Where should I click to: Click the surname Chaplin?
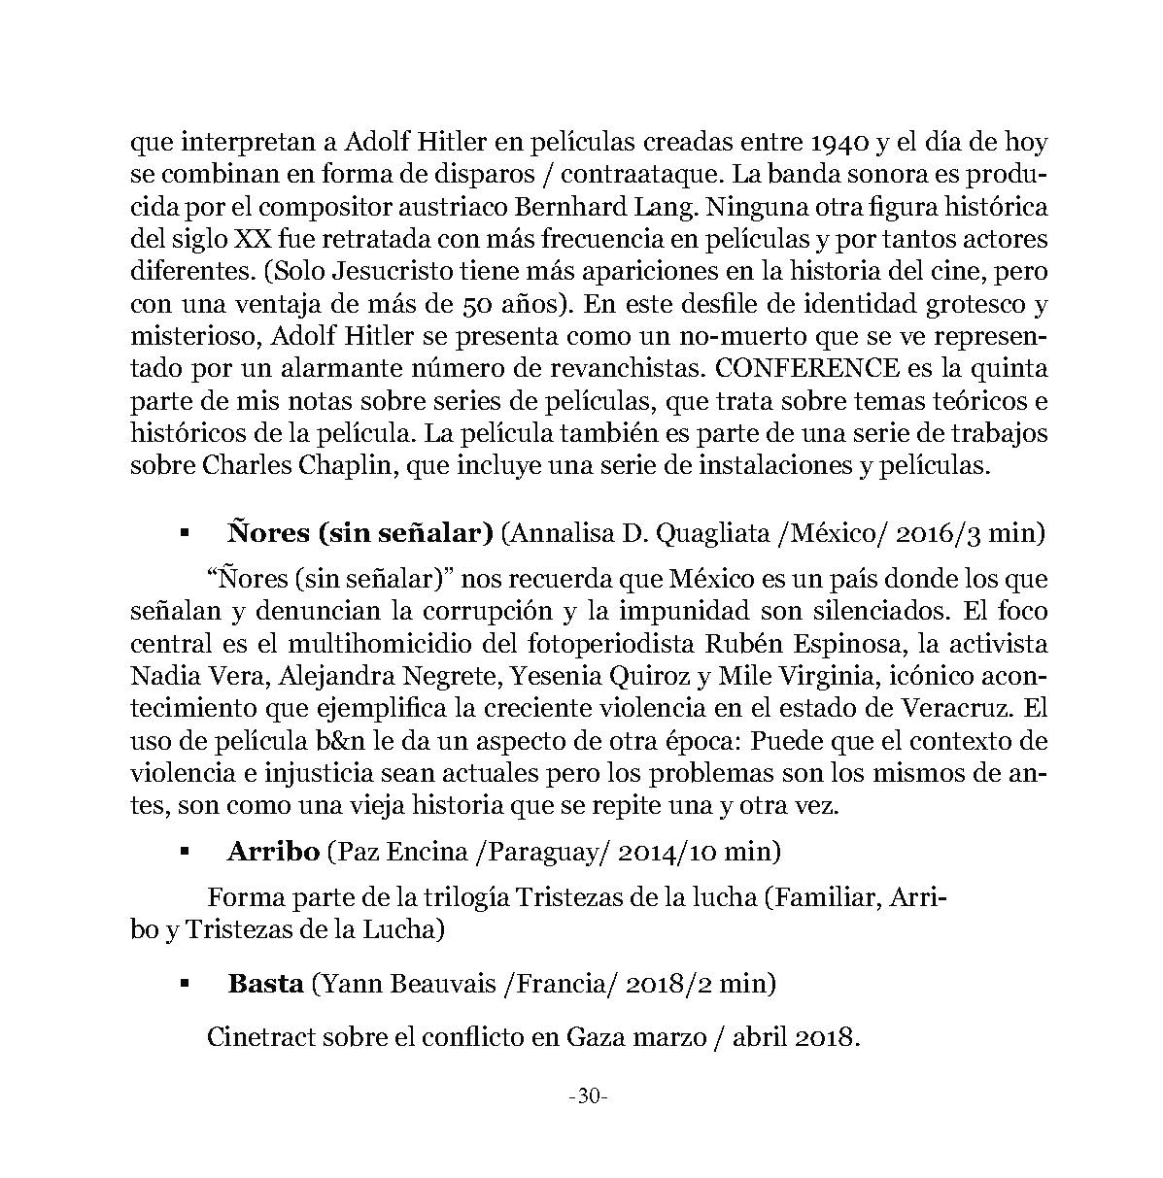click(x=348, y=465)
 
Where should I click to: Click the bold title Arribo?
click(x=273, y=852)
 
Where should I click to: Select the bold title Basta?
click(x=265, y=983)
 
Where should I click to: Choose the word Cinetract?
click(x=262, y=1036)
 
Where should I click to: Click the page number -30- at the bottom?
click(x=587, y=1097)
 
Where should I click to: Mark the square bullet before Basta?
click(x=183, y=984)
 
